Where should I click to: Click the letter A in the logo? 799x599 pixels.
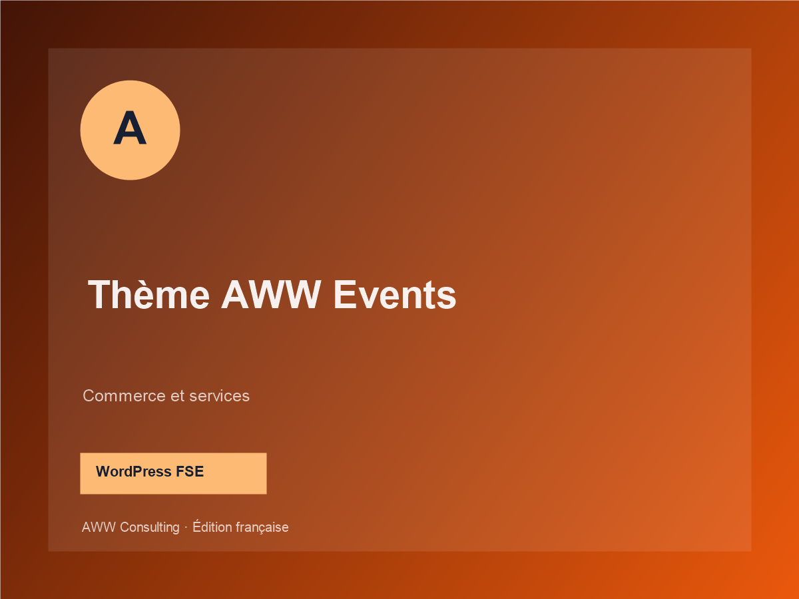(x=130, y=128)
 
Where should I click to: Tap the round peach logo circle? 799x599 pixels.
(x=130, y=130)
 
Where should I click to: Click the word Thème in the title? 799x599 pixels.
(x=149, y=295)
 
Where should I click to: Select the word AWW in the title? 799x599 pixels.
(x=271, y=295)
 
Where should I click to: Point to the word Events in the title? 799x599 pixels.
(x=395, y=295)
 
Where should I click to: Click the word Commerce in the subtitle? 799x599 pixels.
(x=124, y=396)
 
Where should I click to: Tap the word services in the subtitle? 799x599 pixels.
(x=220, y=396)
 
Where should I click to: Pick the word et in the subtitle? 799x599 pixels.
(x=178, y=396)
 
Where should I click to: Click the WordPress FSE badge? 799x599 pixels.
(x=173, y=473)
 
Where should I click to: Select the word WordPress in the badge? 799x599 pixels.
(x=134, y=471)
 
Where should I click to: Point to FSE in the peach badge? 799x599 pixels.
(x=190, y=471)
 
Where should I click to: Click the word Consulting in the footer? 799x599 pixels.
(x=150, y=527)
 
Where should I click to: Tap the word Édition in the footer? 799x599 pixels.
(x=212, y=526)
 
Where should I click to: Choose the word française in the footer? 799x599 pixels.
(x=262, y=528)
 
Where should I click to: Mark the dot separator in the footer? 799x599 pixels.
(x=186, y=528)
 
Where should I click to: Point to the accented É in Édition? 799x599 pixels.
(x=196, y=526)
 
